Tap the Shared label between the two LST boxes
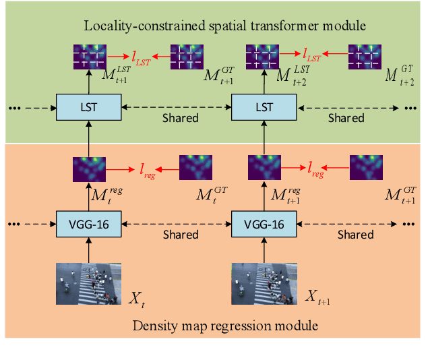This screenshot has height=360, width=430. coord(180,117)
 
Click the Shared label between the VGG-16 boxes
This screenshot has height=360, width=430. coord(180,235)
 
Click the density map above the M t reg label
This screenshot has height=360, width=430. coord(90,169)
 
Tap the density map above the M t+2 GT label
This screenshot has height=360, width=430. coord(365,56)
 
